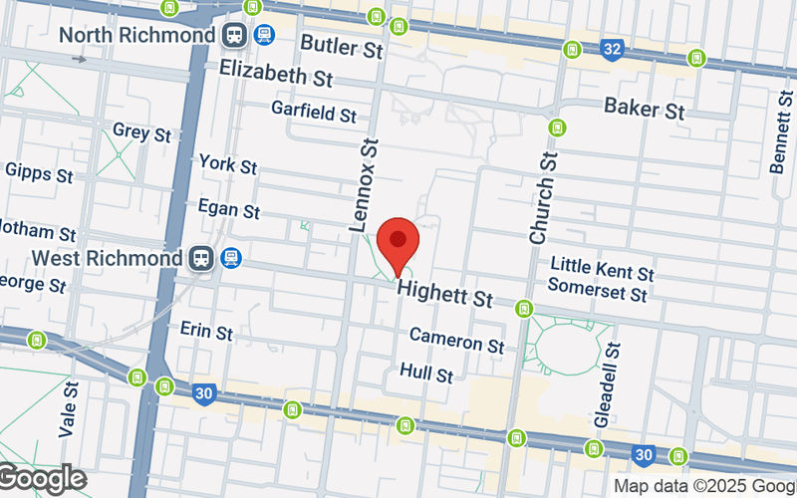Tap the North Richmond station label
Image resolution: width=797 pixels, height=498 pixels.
(136, 35)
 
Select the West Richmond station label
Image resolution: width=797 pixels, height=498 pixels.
(108, 258)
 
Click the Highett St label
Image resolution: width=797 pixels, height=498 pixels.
(445, 296)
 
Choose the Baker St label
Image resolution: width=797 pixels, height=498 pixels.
(645, 109)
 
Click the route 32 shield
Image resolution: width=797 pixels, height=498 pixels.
(615, 48)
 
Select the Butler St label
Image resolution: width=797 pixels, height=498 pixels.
(342, 45)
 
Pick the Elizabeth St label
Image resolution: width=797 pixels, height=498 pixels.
(276, 75)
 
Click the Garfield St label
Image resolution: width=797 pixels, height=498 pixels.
(314, 114)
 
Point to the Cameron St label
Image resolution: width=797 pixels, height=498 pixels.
(456, 341)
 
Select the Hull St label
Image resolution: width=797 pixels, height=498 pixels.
(426, 373)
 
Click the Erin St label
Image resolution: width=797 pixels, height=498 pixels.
(206, 329)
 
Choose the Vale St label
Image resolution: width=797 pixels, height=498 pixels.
(68, 408)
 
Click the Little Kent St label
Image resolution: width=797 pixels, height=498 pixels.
(603, 269)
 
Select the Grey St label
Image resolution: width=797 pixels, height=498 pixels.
(142, 131)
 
